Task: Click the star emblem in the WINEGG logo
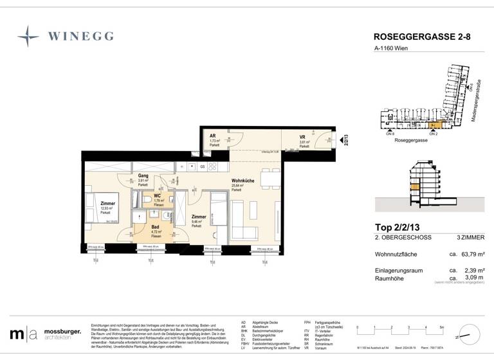(x=28, y=36)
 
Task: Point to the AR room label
(x=213, y=136)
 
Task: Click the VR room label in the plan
(x=302, y=138)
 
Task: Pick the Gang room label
(x=143, y=175)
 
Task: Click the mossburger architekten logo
(x=45, y=334)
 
